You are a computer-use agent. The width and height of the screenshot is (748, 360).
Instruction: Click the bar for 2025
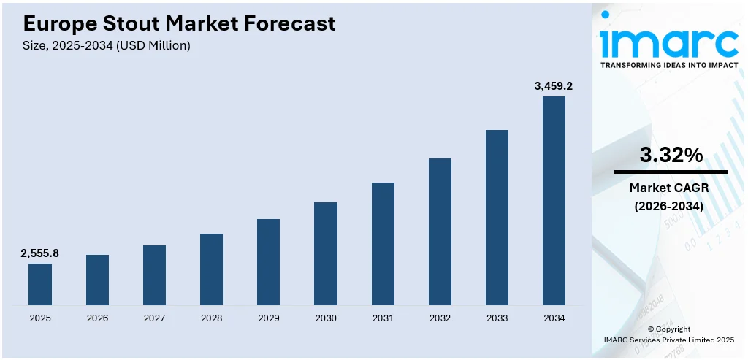[40, 284]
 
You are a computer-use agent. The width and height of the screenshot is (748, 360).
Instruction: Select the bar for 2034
[554, 201]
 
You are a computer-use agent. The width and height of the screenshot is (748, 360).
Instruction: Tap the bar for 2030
[326, 253]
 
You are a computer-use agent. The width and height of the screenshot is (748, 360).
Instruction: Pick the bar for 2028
[211, 269]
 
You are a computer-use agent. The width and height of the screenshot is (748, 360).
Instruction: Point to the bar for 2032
[440, 231]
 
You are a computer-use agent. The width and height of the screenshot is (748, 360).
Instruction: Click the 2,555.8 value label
[40, 253]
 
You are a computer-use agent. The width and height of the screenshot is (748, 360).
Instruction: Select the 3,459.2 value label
[554, 86]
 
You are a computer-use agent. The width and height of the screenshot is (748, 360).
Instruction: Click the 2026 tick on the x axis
[97, 318]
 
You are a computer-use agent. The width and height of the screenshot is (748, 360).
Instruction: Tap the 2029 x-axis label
[269, 318]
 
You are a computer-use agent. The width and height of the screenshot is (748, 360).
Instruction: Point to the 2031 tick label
[383, 318]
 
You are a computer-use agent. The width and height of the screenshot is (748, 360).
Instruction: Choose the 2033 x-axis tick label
[497, 318]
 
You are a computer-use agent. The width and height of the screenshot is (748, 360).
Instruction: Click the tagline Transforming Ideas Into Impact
[668, 66]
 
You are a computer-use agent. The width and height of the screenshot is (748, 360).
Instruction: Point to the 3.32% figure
[671, 155]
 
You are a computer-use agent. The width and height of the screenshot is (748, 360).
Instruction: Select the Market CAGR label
[669, 188]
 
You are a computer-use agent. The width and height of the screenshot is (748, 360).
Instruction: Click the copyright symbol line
[668, 329]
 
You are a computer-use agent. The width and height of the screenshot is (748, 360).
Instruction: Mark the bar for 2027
[154, 275]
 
